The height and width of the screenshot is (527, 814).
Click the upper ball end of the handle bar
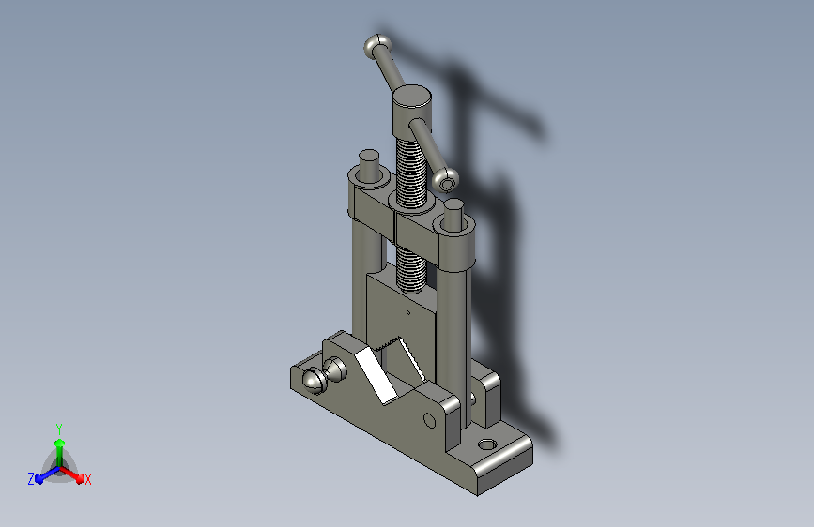click(376, 47)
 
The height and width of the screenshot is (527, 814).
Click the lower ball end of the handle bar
click(446, 180)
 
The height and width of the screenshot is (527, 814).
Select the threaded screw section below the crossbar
click(411, 270)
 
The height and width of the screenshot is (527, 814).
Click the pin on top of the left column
click(369, 165)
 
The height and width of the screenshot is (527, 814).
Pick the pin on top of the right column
click(453, 215)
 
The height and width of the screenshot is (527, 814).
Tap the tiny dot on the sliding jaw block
click(408, 312)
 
